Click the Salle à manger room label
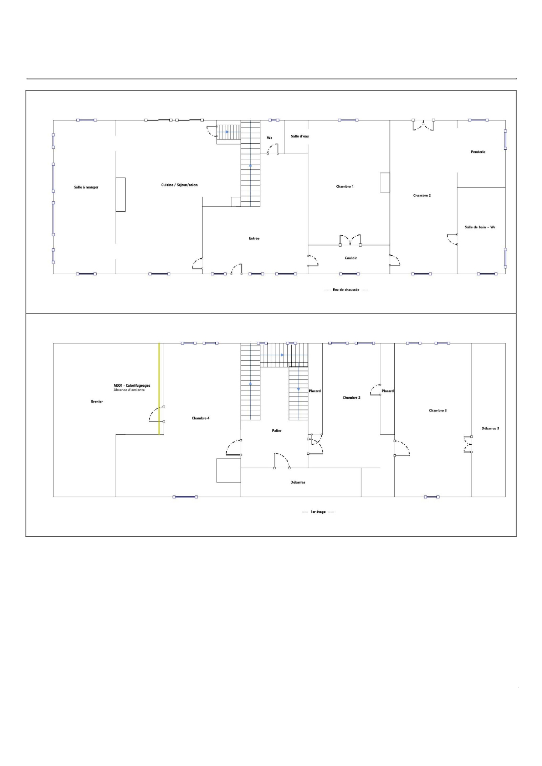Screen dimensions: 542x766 click(x=86, y=187)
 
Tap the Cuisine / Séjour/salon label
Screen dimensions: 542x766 click(x=179, y=185)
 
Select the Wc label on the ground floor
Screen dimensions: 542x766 click(x=270, y=138)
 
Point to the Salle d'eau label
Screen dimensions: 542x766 click(x=300, y=136)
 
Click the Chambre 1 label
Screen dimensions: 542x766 click(x=345, y=186)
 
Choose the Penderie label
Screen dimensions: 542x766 click(x=478, y=152)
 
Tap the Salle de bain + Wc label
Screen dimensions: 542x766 click(x=480, y=227)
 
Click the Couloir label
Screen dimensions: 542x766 click(x=351, y=258)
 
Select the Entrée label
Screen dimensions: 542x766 click(x=254, y=238)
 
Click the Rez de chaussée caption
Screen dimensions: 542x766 click(x=346, y=290)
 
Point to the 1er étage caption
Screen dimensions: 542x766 click(x=318, y=512)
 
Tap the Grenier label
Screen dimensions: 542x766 click(x=97, y=402)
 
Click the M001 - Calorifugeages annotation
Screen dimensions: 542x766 click(x=132, y=385)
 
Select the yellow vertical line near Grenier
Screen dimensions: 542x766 click(x=159, y=389)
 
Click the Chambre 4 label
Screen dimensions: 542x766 click(x=201, y=418)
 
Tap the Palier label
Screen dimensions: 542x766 click(x=276, y=431)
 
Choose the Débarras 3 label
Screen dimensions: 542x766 click(x=490, y=428)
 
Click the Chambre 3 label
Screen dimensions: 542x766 click(x=438, y=410)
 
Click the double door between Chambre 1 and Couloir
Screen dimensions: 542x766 click(x=350, y=240)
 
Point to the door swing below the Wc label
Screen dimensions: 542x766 click(x=273, y=149)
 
